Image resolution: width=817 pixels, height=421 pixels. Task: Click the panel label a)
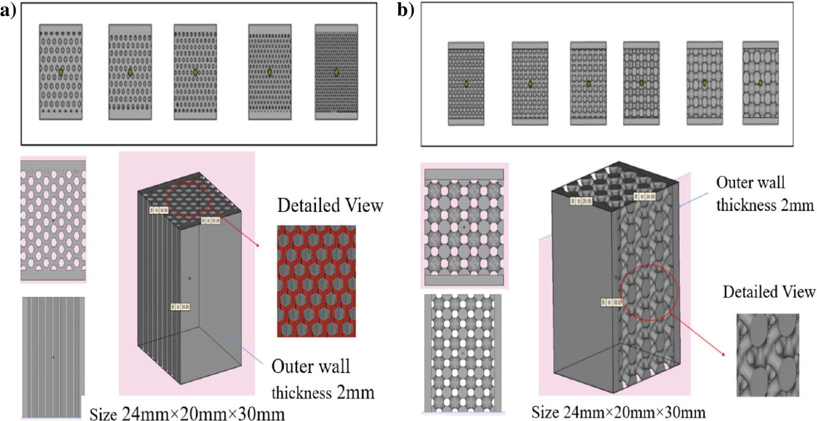(9, 10)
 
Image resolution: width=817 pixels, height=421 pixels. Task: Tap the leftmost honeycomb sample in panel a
(60, 72)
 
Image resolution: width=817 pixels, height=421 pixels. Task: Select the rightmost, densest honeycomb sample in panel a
(336, 72)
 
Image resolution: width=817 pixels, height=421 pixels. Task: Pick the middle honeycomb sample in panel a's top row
(195, 72)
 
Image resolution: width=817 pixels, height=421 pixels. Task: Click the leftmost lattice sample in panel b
(466, 83)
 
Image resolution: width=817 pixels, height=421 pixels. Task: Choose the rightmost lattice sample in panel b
(760, 83)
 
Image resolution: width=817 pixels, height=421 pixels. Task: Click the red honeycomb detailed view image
(316, 281)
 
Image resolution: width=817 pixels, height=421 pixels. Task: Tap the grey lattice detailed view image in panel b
(768, 348)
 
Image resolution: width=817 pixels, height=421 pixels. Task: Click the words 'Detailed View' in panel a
(330, 205)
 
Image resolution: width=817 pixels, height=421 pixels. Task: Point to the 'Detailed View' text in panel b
(769, 292)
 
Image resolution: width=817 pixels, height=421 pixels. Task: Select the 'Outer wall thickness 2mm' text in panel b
(764, 193)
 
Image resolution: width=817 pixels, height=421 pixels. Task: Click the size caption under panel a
(187, 414)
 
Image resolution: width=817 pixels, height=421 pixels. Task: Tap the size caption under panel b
(618, 412)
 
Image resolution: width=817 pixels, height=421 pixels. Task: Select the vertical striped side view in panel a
(53, 357)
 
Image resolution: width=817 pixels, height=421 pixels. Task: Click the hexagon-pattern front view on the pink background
(53, 219)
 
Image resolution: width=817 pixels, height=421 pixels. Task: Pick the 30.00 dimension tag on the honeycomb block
(181, 307)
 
